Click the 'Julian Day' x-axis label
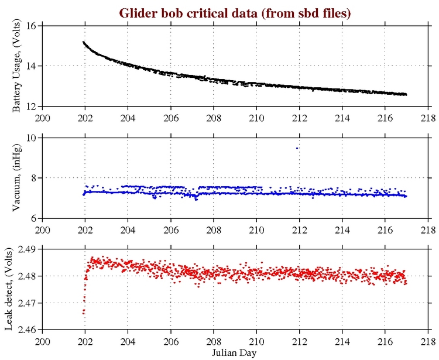(x=235, y=352)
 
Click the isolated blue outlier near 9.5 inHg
(x=297, y=148)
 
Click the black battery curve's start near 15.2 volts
(x=84, y=42)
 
